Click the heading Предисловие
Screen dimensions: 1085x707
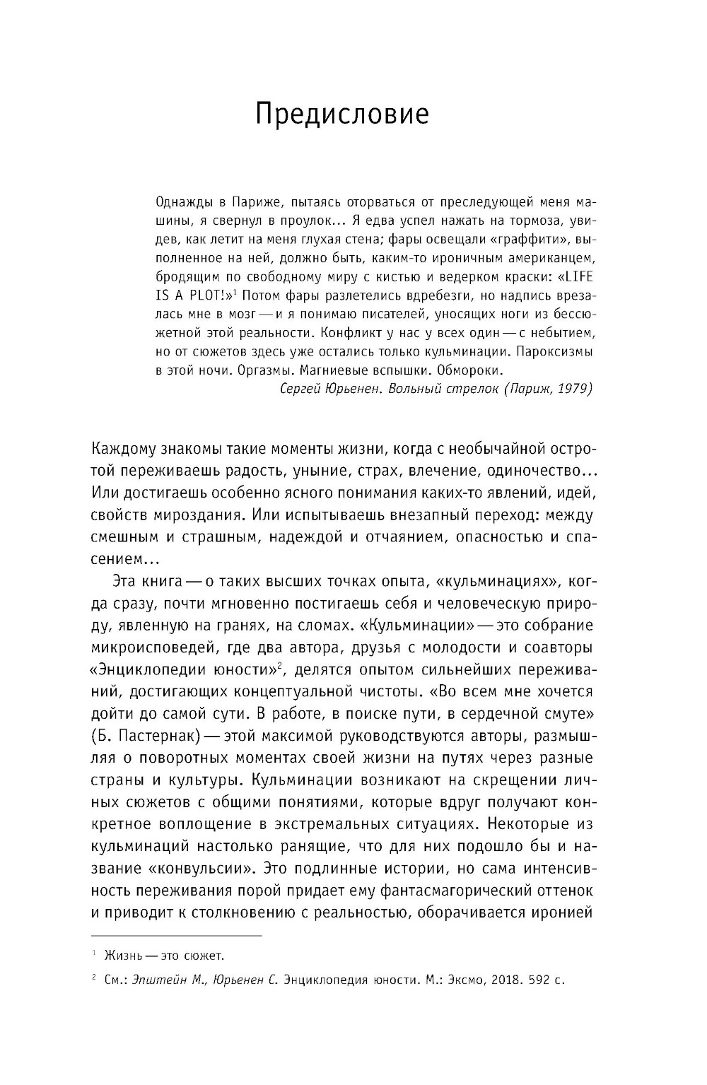pyautogui.click(x=342, y=114)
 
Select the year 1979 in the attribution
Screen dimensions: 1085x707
pyautogui.click(x=573, y=388)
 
